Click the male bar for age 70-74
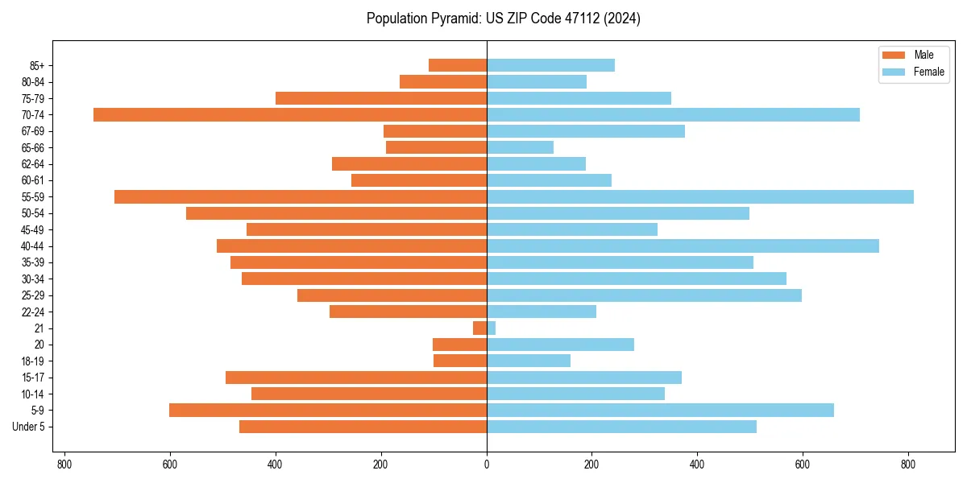point(290,114)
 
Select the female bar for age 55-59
point(699,196)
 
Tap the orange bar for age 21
point(479,328)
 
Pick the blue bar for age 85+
point(550,65)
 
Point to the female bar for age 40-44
point(683,246)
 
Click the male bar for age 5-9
point(328,411)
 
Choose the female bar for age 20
point(560,345)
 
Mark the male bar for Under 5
point(363,427)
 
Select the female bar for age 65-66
point(520,147)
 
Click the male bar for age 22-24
point(408,312)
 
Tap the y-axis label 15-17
point(33,378)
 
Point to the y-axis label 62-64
point(33,164)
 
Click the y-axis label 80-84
point(33,82)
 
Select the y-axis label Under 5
point(29,427)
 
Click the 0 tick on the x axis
point(487,464)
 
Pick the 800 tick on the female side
point(908,464)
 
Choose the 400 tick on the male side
point(276,464)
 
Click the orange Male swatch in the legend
point(894,55)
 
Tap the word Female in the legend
point(928,72)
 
